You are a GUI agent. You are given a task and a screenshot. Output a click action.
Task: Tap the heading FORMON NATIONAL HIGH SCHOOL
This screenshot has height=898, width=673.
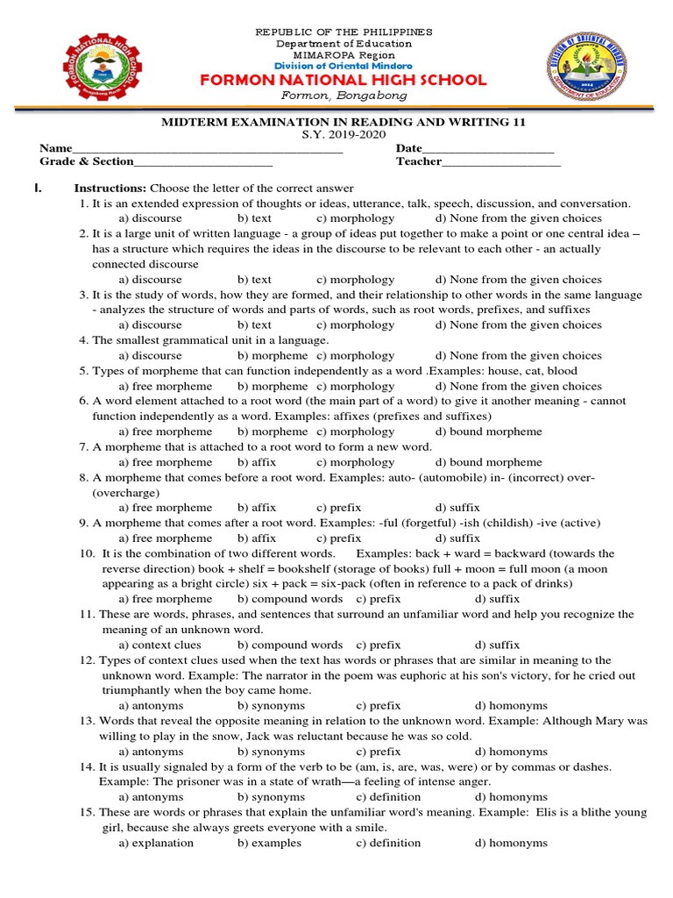tap(344, 80)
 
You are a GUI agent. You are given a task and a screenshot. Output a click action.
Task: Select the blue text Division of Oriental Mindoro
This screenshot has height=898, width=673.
tap(344, 66)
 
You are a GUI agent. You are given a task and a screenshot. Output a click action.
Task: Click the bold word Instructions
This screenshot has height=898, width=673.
tap(110, 188)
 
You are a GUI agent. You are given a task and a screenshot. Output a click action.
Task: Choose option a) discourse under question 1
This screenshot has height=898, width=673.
tap(150, 217)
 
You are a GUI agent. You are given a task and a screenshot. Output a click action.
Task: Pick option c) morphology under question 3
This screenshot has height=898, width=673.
tap(355, 324)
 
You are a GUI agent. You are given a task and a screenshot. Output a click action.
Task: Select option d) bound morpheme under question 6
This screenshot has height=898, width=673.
tap(488, 431)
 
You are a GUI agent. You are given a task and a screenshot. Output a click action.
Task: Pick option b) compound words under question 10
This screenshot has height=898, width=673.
tap(289, 599)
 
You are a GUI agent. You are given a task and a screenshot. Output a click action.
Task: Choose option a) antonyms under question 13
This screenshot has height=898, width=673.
tap(151, 752)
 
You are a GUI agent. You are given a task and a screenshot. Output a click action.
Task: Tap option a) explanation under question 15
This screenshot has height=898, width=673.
tap(156, 843)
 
